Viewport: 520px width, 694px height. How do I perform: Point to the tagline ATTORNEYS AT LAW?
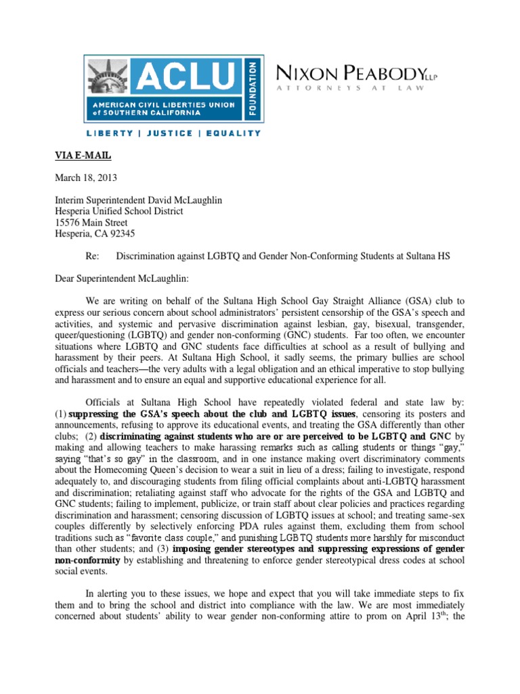point(349,88)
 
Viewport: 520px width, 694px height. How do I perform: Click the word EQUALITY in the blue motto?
point(233,134)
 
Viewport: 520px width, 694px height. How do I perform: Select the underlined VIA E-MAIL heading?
point(83,157)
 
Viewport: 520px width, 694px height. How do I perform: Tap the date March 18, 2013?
point(83,178)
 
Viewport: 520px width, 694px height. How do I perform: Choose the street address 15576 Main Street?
point(91,222)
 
